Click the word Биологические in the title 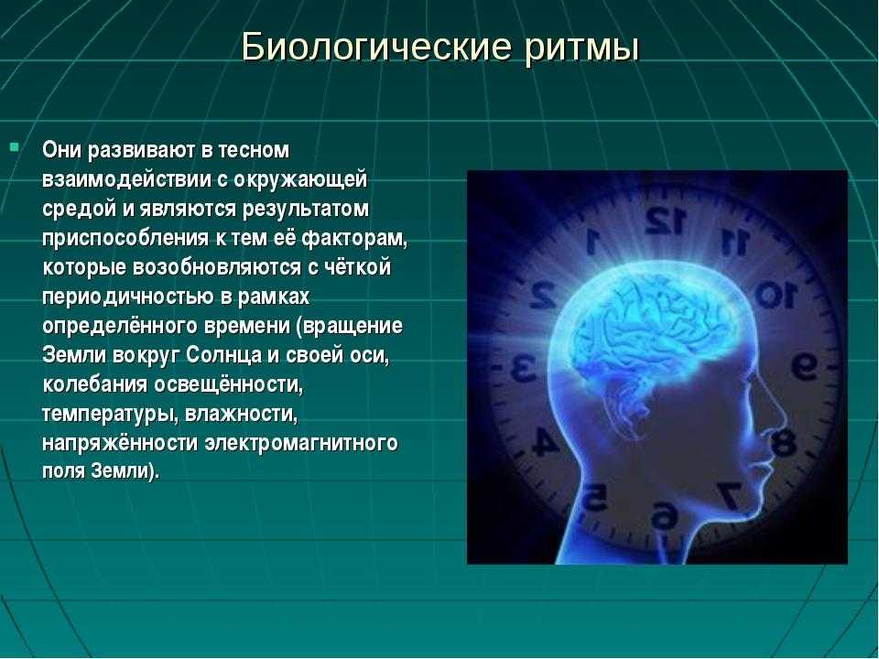click(x=376, y=48)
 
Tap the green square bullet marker click(x=14, y=148)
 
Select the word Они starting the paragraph click(x=60, y=150)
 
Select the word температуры click(x=110, y=415)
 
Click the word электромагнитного click(x=301, y=443)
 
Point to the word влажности click(x=241, y=414)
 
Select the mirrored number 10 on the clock click(x=776, y=294)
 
